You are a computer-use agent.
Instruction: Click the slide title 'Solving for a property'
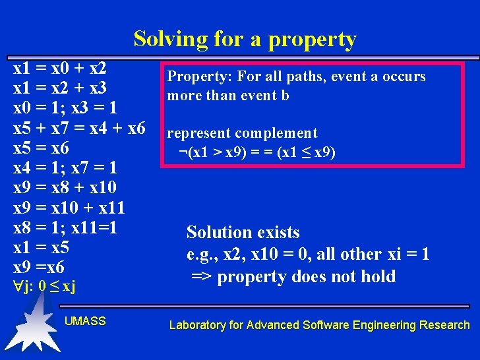[245, 40]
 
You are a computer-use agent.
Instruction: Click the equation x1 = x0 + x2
[60, 69]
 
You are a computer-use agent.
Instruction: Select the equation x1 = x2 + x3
[60, 88]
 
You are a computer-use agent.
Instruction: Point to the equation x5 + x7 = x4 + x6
[79, 129]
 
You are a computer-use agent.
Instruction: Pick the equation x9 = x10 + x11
[69, 208]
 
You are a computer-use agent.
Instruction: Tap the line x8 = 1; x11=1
[65, 228]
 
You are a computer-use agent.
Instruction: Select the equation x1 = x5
[41, 249]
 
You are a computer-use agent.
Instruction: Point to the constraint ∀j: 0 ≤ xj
[45, 287]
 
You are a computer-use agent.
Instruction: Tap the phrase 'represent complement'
[242, 134]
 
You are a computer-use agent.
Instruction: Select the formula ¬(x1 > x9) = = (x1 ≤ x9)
[257, 153]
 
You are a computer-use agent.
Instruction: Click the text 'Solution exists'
[243, 232]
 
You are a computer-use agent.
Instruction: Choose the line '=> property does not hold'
[293, 276]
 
